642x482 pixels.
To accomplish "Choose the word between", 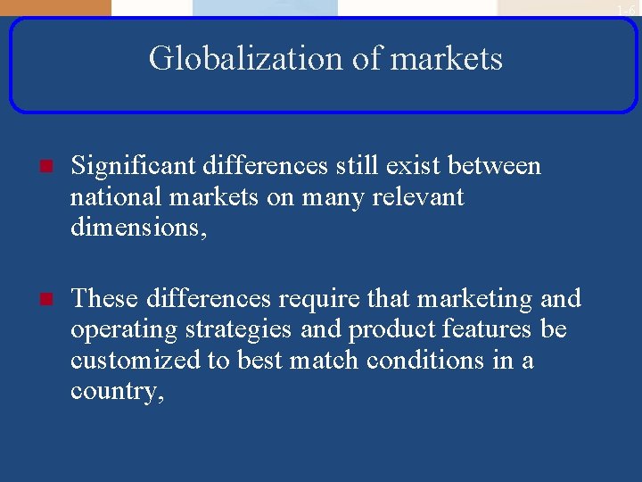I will click(x=494, y=166).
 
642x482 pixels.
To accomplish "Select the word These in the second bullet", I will click(x=104, y=298).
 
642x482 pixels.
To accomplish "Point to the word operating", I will click(x=124, y=330).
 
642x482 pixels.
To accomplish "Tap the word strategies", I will click(x=238, y=330).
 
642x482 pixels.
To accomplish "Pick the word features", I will click(x=486, y=329).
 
